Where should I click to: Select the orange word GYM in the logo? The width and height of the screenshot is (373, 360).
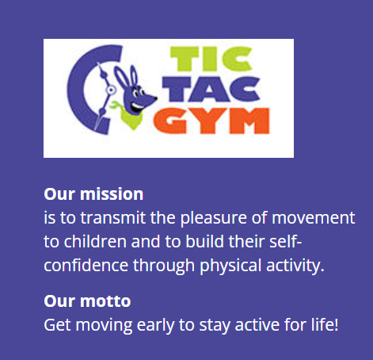tap(213, 123)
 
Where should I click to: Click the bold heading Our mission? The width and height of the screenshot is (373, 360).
tap(93, 193)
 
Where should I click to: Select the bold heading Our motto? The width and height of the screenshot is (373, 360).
tap(87, 301)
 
